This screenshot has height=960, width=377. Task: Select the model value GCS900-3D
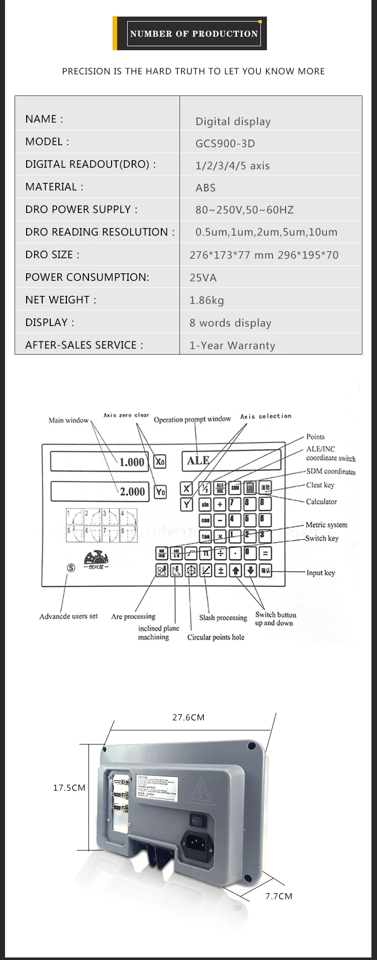(x=225, y=144)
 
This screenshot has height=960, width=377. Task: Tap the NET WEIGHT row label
(x=61, y=300)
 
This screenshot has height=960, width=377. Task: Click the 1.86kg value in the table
(x=207, y=300)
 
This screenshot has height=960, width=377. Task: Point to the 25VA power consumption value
(x=203, y=278)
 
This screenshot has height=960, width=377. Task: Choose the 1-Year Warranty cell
(x=232, y=346)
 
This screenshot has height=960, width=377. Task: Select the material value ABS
(x=206, y=188)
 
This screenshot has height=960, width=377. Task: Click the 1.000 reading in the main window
(x=131, y=462)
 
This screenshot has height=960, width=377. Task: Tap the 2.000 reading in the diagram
(x=132, y=492)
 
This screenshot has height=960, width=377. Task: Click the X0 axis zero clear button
(x=160, y=461)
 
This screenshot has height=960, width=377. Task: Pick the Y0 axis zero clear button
(x=160, y=492)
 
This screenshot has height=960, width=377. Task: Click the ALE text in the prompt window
(x=198, y=460)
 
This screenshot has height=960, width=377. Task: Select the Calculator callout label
(x=321, y=501)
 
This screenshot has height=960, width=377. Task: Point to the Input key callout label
(x=321, y=573)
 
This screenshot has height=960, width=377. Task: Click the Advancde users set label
(x=68, y=616)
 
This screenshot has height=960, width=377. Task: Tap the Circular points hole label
(x=216, y=637)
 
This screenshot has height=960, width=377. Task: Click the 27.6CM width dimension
(x=189, y=717)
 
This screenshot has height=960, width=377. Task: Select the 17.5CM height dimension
(x=69, y=788)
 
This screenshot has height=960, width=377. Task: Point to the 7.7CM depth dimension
(x=278, y=896)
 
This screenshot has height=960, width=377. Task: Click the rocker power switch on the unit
(x=198, y=820)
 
